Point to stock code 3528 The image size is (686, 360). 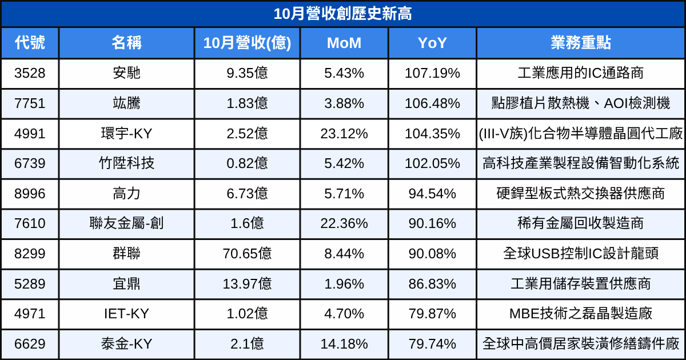point(30,73)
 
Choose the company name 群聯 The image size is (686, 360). point(126,254)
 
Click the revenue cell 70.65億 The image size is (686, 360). point(247,254)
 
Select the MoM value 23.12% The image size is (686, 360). point(344,134)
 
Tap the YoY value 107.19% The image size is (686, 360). point(432,73)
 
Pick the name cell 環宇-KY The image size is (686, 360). point(126,134)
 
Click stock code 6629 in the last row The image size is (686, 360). point(30,344)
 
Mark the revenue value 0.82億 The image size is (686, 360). point(247,163)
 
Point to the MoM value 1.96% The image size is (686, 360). point(344,284)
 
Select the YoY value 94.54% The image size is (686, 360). point(432,194)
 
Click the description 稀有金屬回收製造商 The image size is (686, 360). point(581,223)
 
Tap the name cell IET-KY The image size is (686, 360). point(126,314)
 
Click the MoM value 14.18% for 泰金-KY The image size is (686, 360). point(344,344)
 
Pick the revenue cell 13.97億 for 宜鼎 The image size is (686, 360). point(247,284)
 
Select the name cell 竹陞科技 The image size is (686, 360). point(126,163)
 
